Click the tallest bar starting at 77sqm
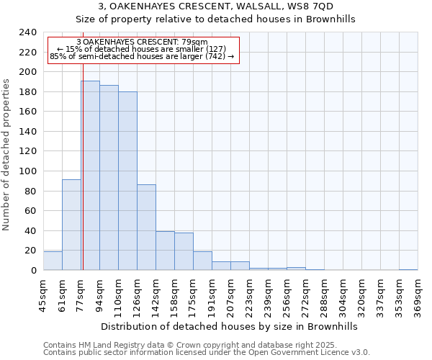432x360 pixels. [x=90, y=176]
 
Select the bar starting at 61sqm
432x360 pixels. [x=71, y=225]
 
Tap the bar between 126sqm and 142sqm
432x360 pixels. [x=146, y=228]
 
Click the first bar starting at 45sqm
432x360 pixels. [x=53, y=261]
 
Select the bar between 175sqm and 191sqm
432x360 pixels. [x=202, y=261]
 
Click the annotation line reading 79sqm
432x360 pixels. [x=141, y=42]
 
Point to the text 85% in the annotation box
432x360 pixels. [x=58, y=56]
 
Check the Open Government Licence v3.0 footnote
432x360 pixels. [x=317, y=352]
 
